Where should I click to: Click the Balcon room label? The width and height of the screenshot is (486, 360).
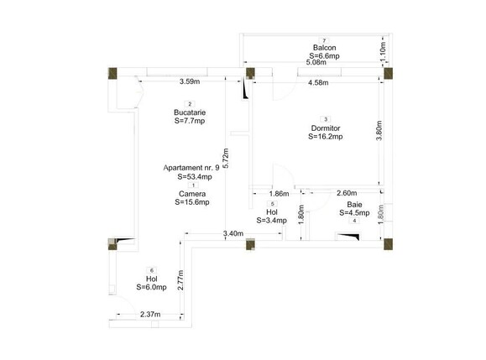point(324,48)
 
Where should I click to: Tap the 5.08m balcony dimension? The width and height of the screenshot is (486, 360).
point(316,63)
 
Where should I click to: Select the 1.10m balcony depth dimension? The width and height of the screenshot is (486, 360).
point(384,49)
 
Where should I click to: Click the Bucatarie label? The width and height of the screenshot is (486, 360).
point(191,112)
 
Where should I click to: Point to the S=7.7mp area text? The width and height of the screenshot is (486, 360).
point(191,121)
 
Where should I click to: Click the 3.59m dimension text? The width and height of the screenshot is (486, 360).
point(189,82)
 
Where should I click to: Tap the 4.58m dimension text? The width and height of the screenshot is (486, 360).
point(318,83)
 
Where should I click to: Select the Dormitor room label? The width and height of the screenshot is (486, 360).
point(325,128)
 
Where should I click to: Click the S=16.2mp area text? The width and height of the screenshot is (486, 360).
point(325,137)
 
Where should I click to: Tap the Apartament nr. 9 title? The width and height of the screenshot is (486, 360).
point(191,168)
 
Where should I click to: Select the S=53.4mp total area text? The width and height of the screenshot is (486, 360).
point(191,177)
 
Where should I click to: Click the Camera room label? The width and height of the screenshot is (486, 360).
point(191,194)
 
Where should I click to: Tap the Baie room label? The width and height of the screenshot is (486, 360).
point(355,205)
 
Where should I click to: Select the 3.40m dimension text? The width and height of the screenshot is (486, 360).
point(233,233)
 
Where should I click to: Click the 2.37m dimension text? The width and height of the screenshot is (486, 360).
point(127,316)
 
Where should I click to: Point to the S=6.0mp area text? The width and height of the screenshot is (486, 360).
point(151,288)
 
